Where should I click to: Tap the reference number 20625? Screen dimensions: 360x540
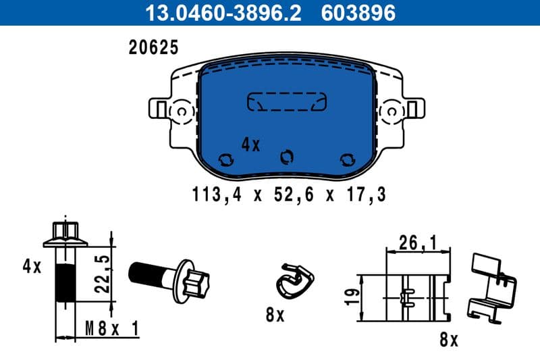[153, 47]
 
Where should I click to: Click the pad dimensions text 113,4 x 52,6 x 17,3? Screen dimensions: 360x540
[288, 195]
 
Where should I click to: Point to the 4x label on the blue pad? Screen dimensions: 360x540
[250, 145]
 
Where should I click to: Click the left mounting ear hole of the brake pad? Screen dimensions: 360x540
[182, 110]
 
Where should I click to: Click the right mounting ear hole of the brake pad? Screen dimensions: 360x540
[391, 110]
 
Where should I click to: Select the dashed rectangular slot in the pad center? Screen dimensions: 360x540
[287, 101]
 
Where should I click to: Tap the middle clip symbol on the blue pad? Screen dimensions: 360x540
[288, 156]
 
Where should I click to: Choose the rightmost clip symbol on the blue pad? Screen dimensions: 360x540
[348, 159]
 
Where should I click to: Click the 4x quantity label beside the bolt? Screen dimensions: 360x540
[31, 266]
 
